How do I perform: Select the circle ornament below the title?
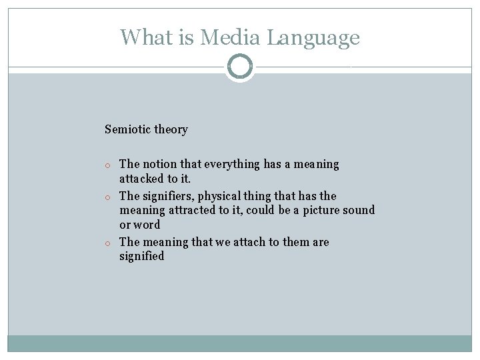pos(240,67)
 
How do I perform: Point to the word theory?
pos(171,129)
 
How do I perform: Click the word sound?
pos(360,211)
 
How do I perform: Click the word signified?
pos(141,257)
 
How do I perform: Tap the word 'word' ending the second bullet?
pos(147,225)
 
